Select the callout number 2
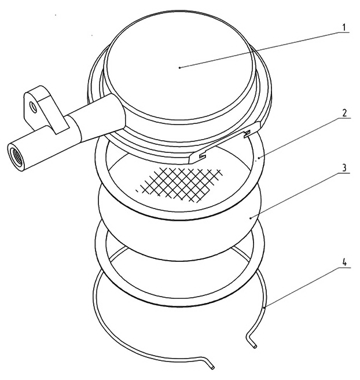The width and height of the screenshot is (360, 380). coord(344,114)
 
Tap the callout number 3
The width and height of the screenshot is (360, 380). coord(344,168)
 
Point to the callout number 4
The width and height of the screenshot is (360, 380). coord(344,263)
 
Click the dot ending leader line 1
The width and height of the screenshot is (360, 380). coord(179,68)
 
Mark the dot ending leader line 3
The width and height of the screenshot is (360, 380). coord(251,218)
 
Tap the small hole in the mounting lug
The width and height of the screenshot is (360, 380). coord(32,107)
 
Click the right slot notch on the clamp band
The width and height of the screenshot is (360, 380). coord(247,134)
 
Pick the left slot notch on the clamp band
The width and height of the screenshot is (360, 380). coord(203,156)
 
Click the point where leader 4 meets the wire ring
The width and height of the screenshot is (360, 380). coord(265,307)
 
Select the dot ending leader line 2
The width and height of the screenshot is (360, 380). coord(259,158)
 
